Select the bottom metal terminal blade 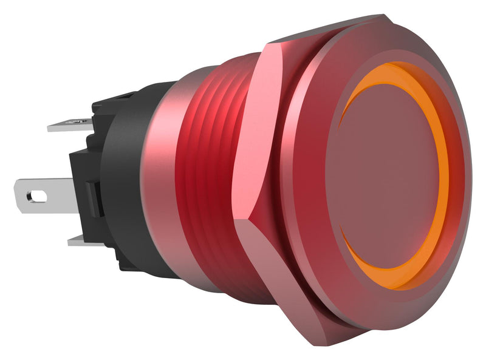coord(82,240)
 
